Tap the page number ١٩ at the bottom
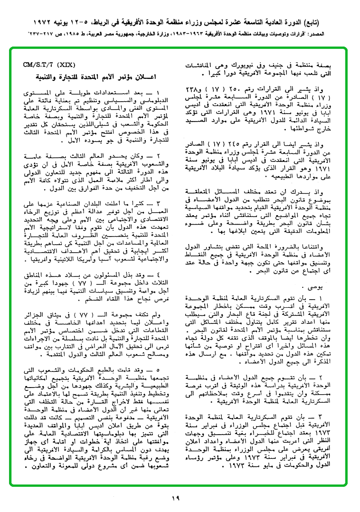(x=176, y=498)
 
